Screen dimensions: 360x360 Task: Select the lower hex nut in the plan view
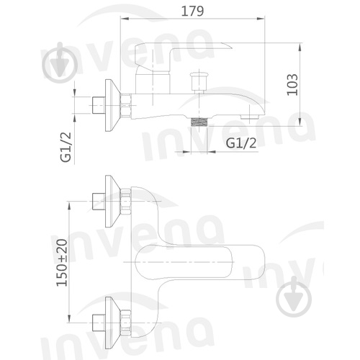125,314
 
